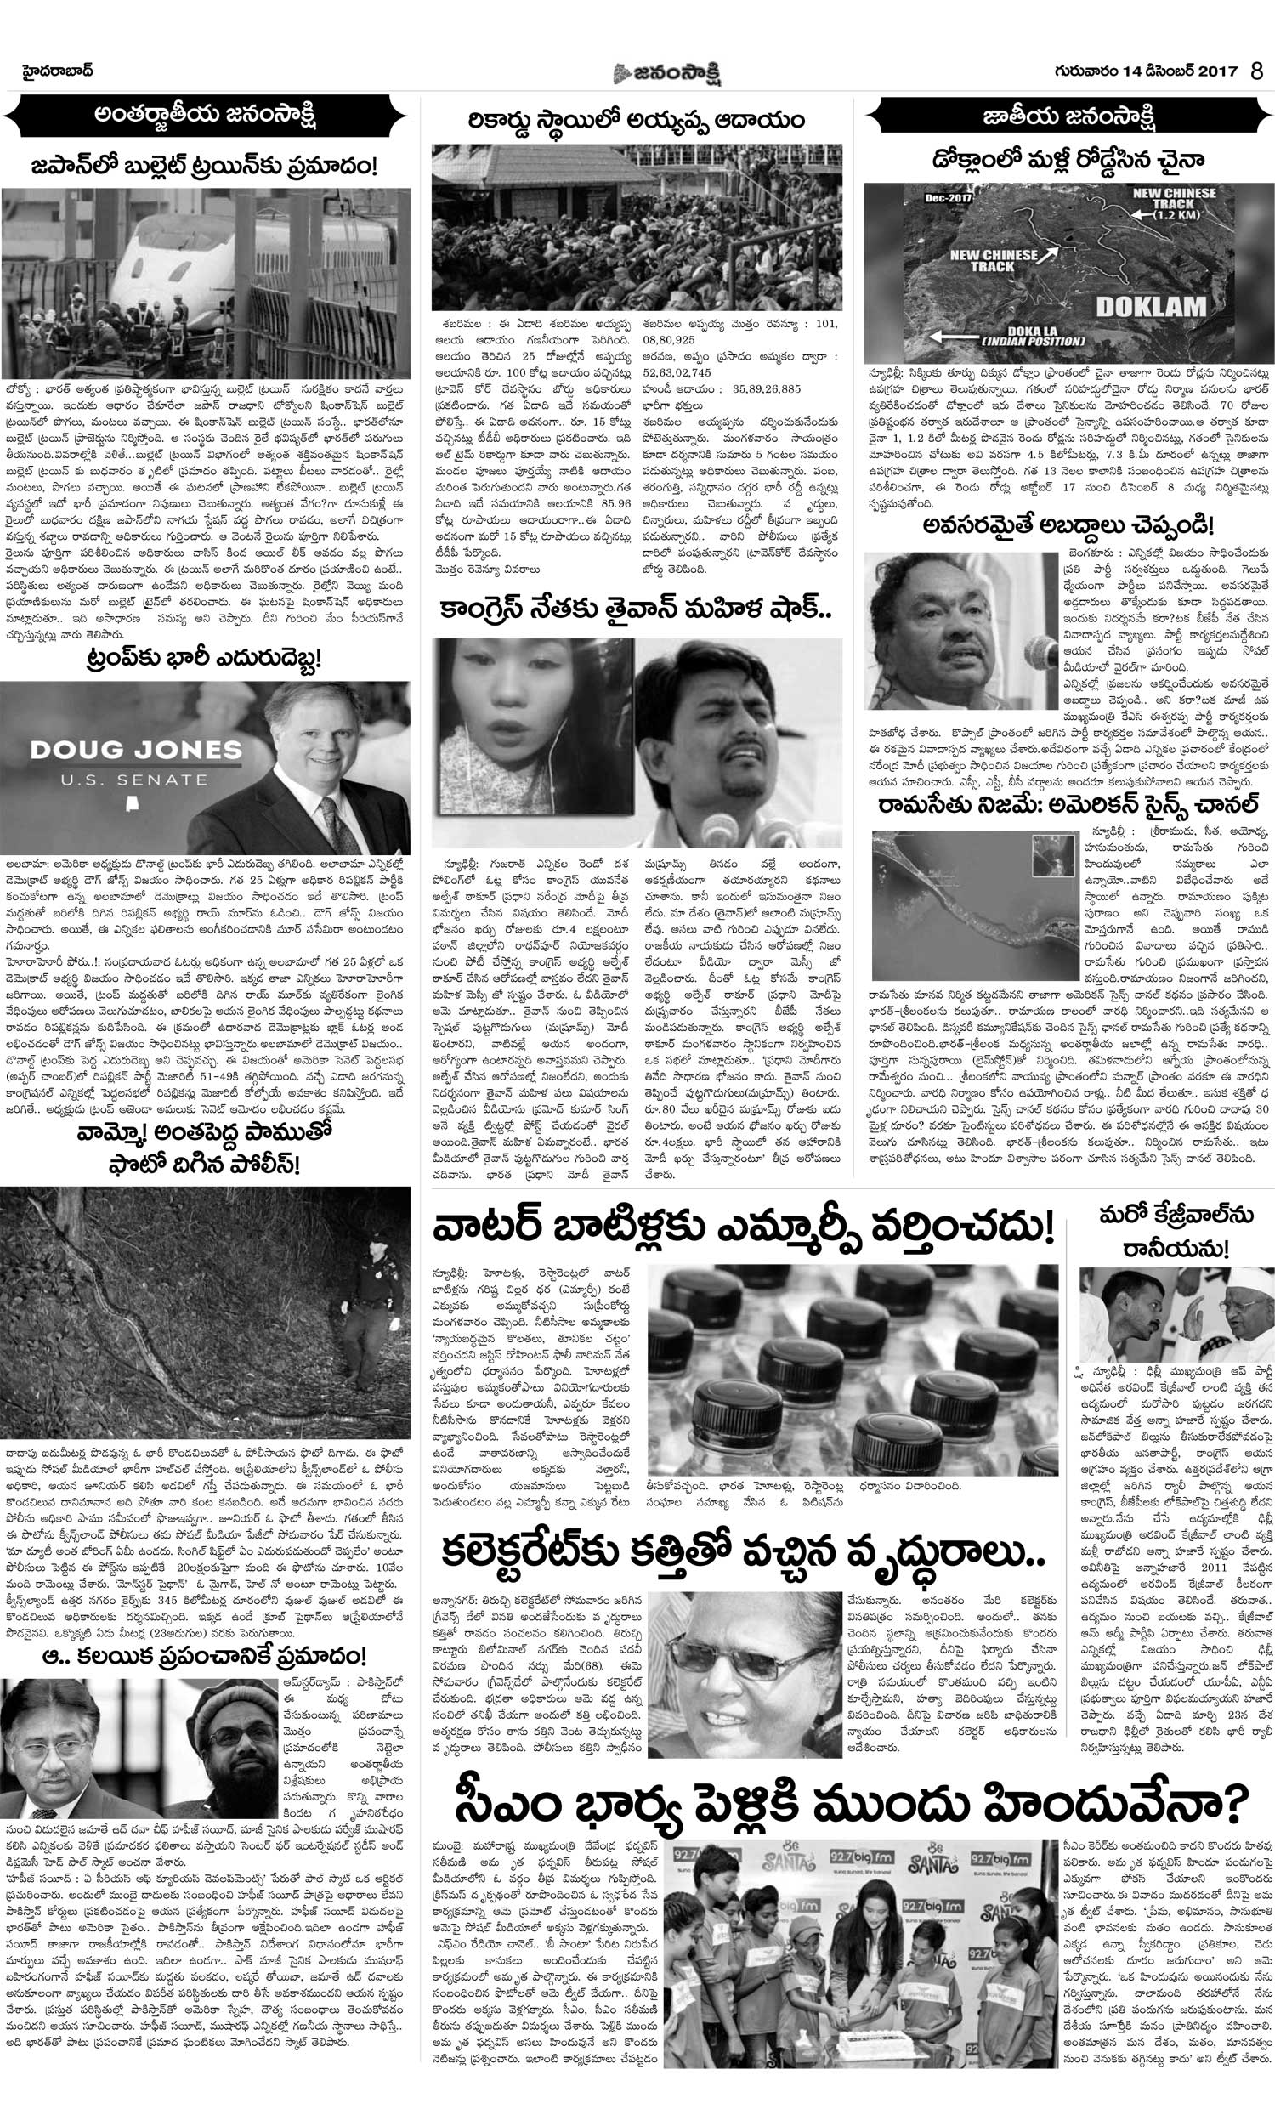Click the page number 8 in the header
[x=1257, y=71]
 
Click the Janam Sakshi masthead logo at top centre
[x=667, y=74]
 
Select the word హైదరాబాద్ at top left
[x=58, y=71]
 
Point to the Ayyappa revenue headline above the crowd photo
[x=637, y=119]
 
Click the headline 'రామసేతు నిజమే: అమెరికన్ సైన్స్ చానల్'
[x=1068, y=805]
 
